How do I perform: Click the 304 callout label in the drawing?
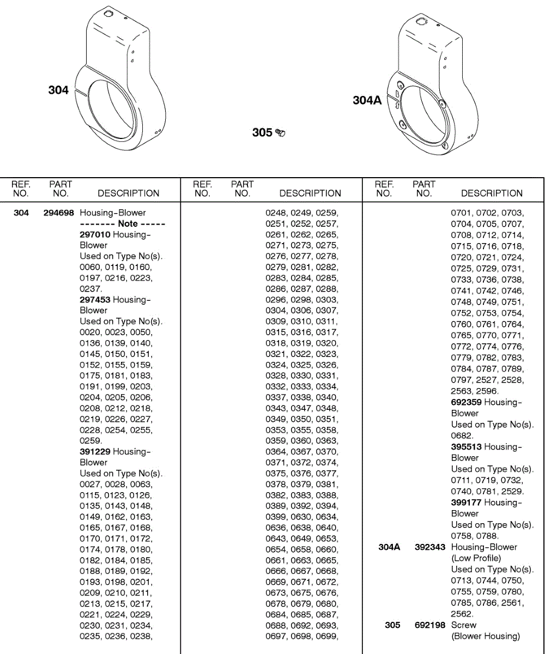58,90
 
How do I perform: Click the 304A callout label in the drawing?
367,100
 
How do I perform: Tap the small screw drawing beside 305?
281,132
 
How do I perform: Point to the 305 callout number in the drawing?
262,132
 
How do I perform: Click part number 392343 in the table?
430,547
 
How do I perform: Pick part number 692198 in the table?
430,625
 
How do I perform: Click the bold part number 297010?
95,234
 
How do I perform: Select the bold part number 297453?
95,300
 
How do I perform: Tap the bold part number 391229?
95,451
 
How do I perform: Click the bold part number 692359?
466,402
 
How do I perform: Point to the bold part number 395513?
466,447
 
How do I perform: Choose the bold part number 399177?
466,502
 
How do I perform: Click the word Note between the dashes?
128,223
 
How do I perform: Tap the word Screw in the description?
464,625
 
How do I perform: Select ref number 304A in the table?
389,547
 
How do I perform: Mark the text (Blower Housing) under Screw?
486,636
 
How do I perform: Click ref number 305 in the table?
392,625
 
